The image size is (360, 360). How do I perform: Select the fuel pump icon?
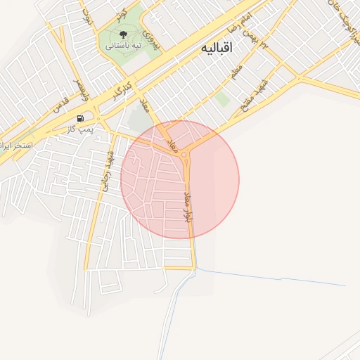pyautogui.click(x=80, y=118)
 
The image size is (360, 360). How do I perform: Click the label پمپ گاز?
pyautogui.click(x=80, y=129)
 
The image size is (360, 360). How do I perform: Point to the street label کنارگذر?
pyautogui.click(x=122, y=90)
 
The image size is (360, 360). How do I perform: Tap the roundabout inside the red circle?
pyautogui.click(x=185, y=154)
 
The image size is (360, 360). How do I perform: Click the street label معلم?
pyautogui.click(x=236, y=72)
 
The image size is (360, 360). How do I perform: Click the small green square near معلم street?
pyautogui.click(x=223, y=99)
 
